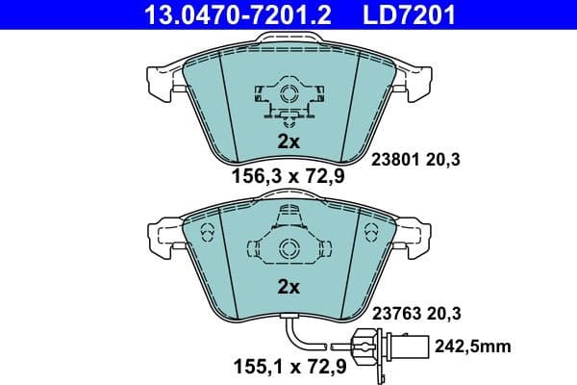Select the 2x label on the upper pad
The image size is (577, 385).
(x=288, y=141)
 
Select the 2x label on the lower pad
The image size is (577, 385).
(x=288, y=286)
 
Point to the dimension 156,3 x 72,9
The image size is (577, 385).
(x=288, y=175)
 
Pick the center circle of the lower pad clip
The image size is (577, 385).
(x=288, y=249)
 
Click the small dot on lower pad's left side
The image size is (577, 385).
(x=204, y=231)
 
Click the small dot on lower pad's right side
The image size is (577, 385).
(x=371, y=231)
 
